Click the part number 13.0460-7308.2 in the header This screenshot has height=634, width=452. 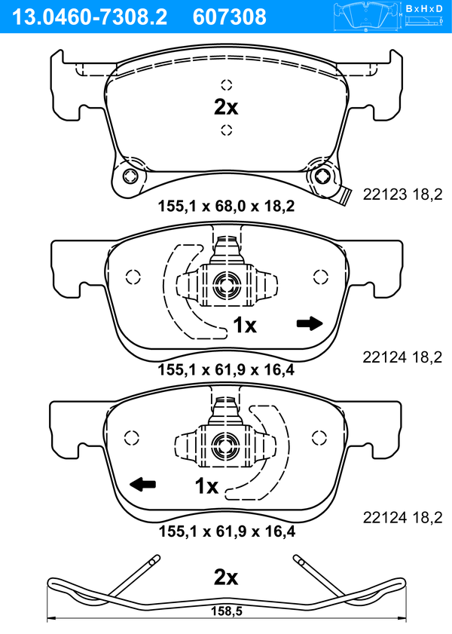(90, 17)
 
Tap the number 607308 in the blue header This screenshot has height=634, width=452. (230, 17)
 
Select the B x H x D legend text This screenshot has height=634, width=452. (424, 8)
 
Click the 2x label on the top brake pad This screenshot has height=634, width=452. (226, 108)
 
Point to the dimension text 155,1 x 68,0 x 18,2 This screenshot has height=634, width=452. (226, 207)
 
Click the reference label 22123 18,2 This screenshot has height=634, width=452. (402, 194)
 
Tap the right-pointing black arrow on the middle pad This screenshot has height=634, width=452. (310, 323)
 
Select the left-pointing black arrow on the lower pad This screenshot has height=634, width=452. (142, 483)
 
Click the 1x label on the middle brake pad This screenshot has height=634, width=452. (245, 325)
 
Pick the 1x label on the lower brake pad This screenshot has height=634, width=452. (206, 486)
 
